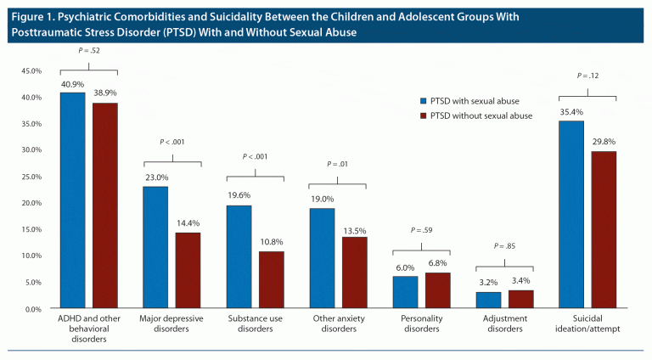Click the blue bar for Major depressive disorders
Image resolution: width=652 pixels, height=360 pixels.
click(x=156, y=247)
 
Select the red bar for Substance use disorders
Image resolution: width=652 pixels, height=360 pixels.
click(x=272, y=279)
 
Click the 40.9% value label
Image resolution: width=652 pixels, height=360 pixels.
click(x=72, y=85)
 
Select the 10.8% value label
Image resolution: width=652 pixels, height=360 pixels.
click(x=272, y=244)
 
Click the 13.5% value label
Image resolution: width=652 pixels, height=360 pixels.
click(x=354, y=229)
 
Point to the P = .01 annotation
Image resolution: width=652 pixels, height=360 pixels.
click(x=337, y=164)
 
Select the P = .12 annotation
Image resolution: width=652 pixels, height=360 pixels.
click(x=587, y=76)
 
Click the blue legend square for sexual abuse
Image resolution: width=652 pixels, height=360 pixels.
click(x=423, y=100)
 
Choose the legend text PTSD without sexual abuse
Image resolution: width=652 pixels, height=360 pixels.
click(x=481, y=115)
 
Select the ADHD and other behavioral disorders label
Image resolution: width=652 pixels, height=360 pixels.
click(x=89, y=327)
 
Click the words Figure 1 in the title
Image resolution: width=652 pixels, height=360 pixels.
click(x=31, y=16)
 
